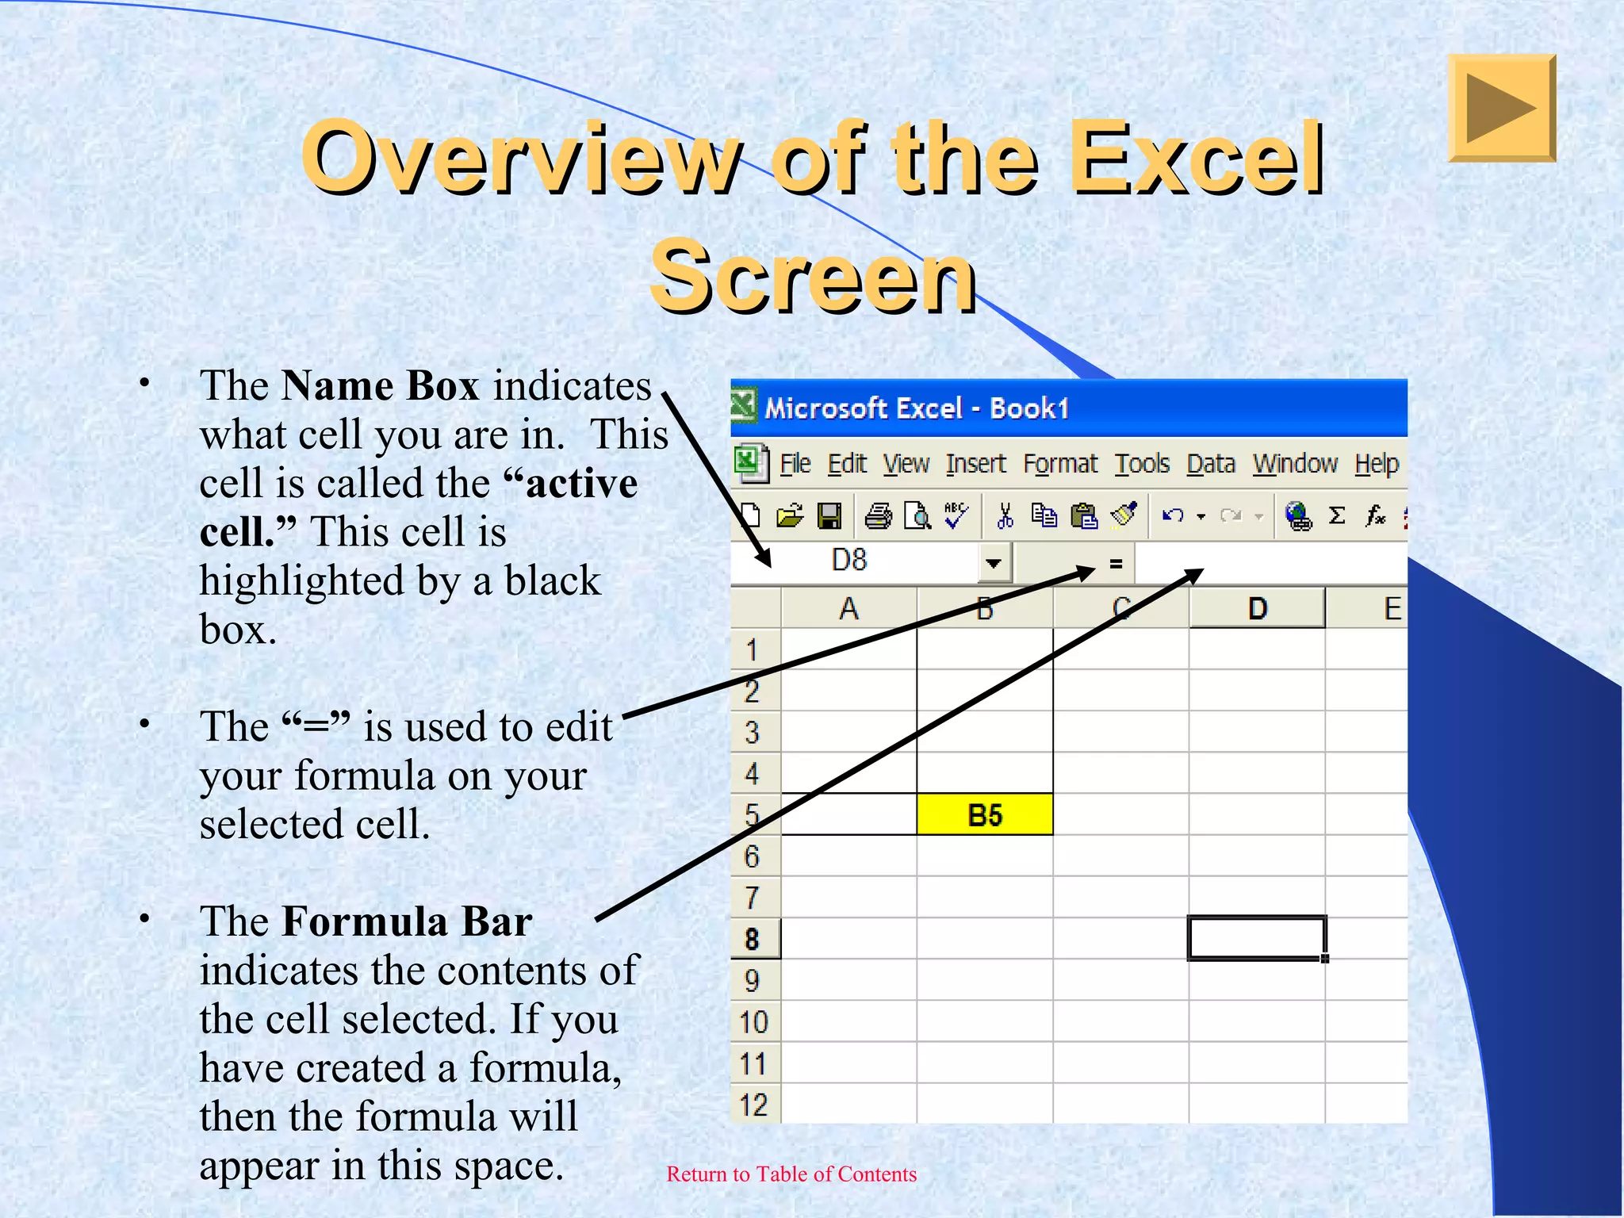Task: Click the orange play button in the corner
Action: (x=1501, y=108)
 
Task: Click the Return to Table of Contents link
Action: (x=791, y=1174)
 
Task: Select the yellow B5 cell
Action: (x=985, y=814)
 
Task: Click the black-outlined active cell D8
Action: (x=1256, y=938)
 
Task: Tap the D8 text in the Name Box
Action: (x=849, y=561)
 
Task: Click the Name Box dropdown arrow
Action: (x=993, y=563)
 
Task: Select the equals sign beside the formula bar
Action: (x=1116, y=564)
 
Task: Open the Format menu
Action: (x=1060, y=464)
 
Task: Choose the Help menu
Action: (x=1376, y=464)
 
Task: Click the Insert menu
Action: (x=975, y=464)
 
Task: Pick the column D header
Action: (x=1257, y=609)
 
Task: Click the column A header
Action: (x=848, y=609)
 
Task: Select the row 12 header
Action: (x=753, y=1105)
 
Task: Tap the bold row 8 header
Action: (x=753, y=939)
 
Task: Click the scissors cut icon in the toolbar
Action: (x=1005, y=517)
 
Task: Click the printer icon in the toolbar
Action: (x=878, y=517)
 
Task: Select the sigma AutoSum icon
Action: (x=1337, y=516)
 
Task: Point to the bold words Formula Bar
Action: (x=407, y=921)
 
